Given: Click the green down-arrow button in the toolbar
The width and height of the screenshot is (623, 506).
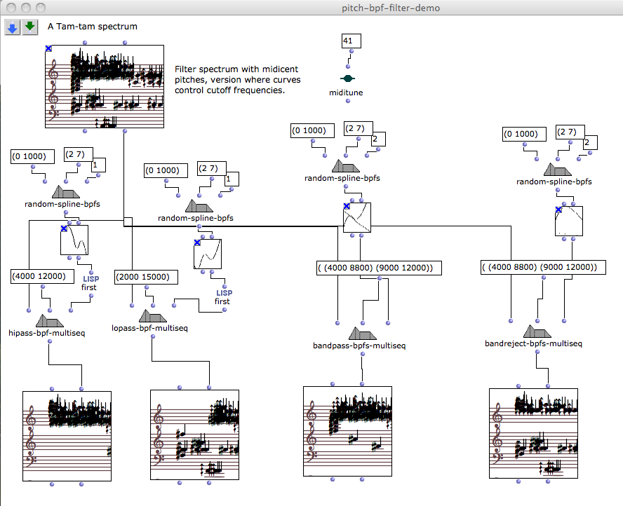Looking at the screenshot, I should pyautogui.click(x=29, y=27).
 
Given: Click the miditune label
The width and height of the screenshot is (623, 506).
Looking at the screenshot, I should pyautogui.click(x=347, y=93).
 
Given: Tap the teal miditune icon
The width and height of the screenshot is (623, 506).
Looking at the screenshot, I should pyautogui.click(x=347, y=78).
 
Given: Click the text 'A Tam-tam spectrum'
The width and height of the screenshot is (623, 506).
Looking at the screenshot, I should pyautogui.click(x=93, y=27).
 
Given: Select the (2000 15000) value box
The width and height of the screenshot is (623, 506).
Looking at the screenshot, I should pyautogui.click(x=145, y=278).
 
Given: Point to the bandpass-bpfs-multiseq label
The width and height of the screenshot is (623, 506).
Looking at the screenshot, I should pyautogui.click(x=359, y=346).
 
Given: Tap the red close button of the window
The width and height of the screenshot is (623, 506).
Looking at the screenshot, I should pyautogui.click(x=11, y=6).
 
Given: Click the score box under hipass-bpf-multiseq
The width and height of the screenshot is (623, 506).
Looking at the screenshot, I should pyautogui.click(x=67, y=436).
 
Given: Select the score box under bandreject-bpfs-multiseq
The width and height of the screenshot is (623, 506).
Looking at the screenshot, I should pyautogui.click(x=533, y=433).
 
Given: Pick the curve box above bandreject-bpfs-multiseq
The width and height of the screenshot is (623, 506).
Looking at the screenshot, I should pyautogui.click(x=570, y=221).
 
